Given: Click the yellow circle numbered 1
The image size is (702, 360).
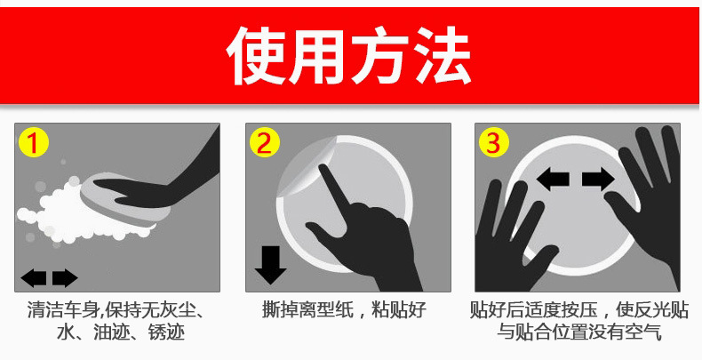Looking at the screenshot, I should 33,142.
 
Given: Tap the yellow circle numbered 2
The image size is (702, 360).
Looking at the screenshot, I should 264,142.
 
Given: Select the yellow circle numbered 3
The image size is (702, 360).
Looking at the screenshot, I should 494,142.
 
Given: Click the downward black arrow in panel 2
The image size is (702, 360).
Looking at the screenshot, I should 269,264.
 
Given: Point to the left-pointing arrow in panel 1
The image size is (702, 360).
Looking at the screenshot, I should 34,278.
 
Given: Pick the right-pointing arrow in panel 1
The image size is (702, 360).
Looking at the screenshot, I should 65,278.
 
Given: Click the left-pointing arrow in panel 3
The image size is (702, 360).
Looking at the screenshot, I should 554,180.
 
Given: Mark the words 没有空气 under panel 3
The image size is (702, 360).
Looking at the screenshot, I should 636,333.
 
